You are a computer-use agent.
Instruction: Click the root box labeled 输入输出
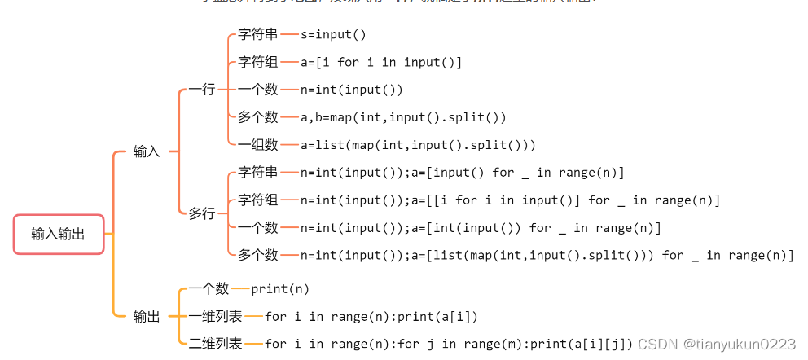point(58,235)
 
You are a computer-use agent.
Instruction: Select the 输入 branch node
point(147,151)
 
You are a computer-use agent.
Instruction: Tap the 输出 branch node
point(147,317)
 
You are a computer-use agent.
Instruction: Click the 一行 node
point(201,90)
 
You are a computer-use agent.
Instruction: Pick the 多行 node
point(201,213)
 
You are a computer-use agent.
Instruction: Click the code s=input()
point(333,34)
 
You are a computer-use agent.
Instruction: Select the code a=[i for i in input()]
point(380,62)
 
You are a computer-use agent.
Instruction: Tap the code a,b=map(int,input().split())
point(403,117)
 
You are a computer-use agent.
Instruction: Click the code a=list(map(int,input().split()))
point(418,145)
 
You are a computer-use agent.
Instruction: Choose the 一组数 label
point(257,145)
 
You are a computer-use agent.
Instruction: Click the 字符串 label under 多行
point(257,173)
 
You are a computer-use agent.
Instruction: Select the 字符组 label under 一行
point(257,62)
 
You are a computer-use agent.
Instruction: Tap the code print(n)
point(280,289)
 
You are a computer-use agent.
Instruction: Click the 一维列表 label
point(215,317)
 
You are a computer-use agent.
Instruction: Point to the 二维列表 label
point(215,344)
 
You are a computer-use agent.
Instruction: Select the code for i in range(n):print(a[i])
point(371,317)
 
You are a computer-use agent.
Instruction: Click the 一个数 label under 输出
point(209,289)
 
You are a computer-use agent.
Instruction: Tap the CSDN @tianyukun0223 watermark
point(717,345)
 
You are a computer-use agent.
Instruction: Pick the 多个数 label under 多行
point(257,256)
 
